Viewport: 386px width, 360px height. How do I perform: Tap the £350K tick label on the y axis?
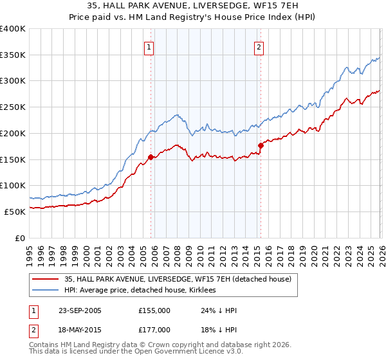tap(13, 55)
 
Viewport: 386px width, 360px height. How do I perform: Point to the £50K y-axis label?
tap(15, 212)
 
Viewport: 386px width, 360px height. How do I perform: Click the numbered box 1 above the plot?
tap(149, 47)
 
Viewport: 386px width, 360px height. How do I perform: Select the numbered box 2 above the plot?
tap(259, 47)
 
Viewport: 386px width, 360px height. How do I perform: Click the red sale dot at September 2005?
tap(151, 156)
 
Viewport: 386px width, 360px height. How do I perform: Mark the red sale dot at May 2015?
tap(261, 145)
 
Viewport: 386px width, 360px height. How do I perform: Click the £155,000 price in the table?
tap(154, 310)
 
